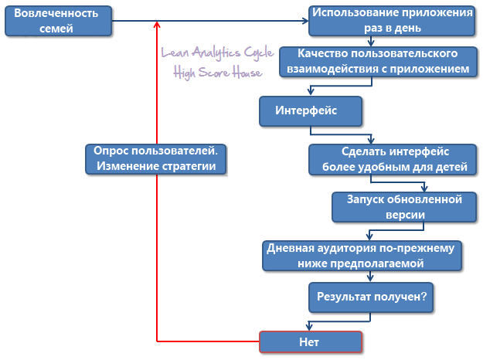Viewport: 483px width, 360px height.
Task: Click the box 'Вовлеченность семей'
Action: pyautogui.click(x=56, y=22)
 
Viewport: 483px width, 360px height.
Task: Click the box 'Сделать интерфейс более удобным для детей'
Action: pyautogui.click(x=394, y=158)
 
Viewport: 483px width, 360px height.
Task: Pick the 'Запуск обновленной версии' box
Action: pyautogui.click(x=395, y=206)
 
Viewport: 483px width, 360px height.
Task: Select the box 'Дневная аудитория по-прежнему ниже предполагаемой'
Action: pyautogui.click(x=363, y=256)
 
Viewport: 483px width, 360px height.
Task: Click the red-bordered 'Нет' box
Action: pyautogui.click(x=309, y=341)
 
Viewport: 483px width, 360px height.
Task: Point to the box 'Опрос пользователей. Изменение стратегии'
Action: pyautogui.click(x=156, y=159)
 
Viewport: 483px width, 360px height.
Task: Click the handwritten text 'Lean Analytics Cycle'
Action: pyautogui.click(x=210, y=55)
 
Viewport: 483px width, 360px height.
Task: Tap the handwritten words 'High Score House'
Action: pyautogui.click(x=218, y=73)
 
